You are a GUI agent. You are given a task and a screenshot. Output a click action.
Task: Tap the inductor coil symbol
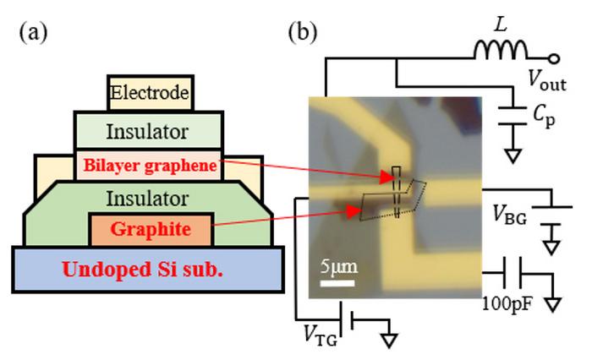pyautogui.click(x=501, y=53)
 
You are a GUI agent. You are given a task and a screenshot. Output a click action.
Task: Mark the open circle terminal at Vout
pyautogui.click(x=555, y=58)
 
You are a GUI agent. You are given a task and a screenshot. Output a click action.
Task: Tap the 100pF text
pyautogui.click(x=505, y=302)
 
